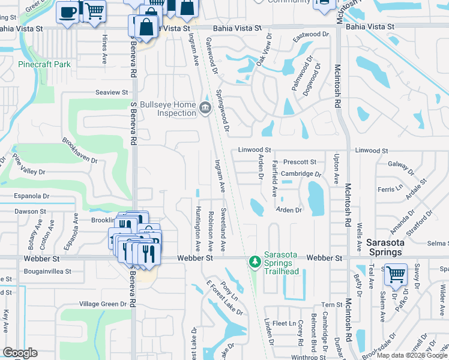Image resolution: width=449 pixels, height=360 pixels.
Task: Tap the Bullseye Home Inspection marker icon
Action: (205, 108)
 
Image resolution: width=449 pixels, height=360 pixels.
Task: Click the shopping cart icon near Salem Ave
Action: (396, 274)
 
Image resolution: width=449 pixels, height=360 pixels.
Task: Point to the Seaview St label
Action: (112, 92)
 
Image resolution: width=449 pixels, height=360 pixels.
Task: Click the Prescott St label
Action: (300, 162)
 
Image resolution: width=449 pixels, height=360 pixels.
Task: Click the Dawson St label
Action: (30, 211)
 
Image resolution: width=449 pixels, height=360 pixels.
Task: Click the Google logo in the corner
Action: (20, 353)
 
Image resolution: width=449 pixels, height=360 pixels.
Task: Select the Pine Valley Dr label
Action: (28, 164)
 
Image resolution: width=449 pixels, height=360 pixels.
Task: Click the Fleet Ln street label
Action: (280, 323)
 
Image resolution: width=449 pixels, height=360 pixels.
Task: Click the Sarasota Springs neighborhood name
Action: (385, 247)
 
